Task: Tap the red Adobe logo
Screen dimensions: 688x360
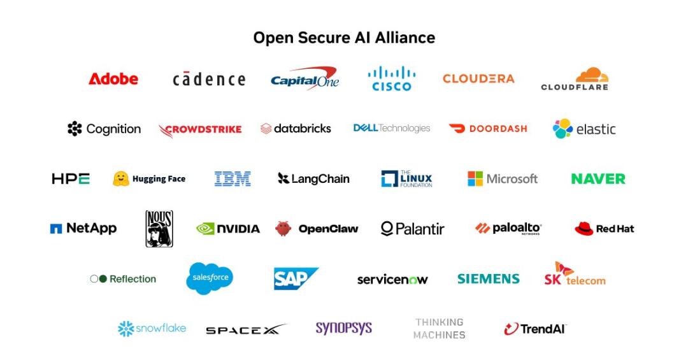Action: coord(113,79)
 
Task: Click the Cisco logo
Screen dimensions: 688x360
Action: coord(392,79)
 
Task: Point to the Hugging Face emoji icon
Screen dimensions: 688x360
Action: coord(121,178)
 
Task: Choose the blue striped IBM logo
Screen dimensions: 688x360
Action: coord(233,178)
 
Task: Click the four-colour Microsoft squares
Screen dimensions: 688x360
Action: coord(475,178)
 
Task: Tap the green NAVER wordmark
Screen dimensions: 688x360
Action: coord(598,178)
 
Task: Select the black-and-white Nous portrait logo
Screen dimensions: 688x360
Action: coord(159,229)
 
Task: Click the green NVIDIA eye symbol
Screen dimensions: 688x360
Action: coord(205,229)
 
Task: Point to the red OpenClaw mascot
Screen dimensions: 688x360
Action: coord(283,228)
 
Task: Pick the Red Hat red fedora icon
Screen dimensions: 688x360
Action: coord(584,229)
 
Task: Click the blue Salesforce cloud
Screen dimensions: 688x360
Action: coord(210,278)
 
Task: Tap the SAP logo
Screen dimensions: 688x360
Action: coord(296,279)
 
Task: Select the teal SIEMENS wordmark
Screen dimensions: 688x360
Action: coord(489,279)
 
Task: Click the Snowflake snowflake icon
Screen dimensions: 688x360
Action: coord(126,329)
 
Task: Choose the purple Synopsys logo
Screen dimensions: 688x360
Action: coord(343,328)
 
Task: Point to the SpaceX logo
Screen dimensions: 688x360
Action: coord(246,329)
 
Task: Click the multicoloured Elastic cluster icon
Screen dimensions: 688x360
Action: coord(563,129)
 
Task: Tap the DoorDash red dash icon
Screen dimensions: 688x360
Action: coord(457,128)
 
